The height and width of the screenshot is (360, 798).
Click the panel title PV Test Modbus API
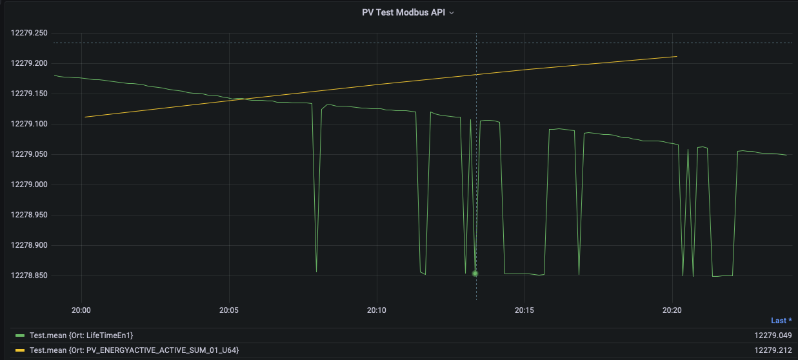403,12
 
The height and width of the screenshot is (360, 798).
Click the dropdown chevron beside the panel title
452,13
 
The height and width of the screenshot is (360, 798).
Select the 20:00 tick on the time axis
81,310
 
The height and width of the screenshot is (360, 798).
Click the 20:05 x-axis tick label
229,310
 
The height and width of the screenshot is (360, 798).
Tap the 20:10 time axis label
377,310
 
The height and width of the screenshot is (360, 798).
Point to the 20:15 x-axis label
524,310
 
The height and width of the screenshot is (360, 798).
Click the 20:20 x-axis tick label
672,310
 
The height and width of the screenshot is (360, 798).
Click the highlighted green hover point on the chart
475,274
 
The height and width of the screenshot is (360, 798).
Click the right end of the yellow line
676,57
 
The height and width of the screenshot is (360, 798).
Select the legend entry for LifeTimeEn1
81,335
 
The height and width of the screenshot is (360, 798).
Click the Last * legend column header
781,321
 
